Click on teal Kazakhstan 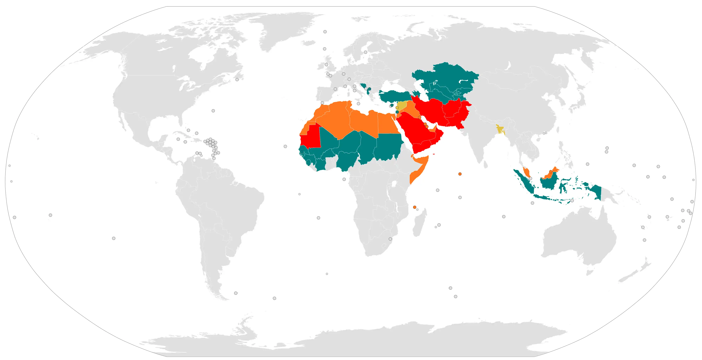coord(447,75)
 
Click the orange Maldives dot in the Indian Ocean coord(460,174)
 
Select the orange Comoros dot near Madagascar coord(415,207)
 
